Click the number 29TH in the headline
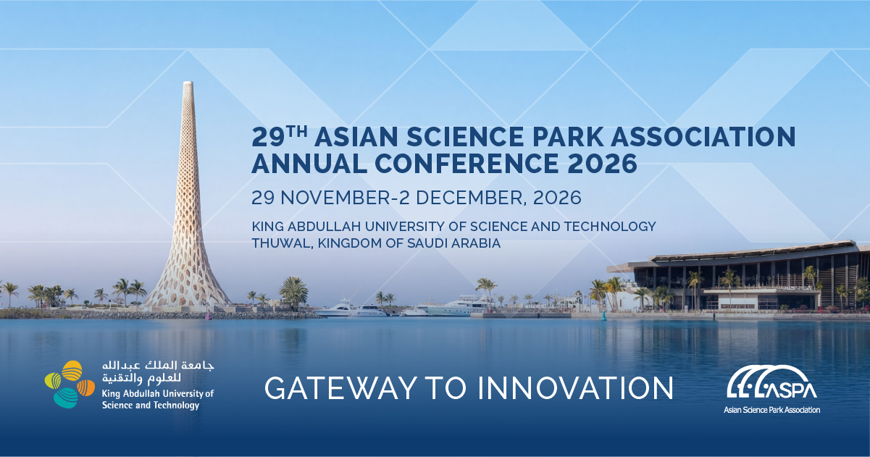point(279,136)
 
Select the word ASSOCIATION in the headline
point(703,137)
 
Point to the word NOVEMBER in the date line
point(335,198)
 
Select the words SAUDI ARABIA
point(453,243)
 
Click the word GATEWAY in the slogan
point(340,388)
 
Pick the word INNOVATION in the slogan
point(576,388)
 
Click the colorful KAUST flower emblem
point(70,385)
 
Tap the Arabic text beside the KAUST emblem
point(158,372)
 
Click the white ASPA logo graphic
point(771,382)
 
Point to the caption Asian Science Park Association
point(771,410)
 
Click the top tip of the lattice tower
point(188,82)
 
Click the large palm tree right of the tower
point(294,292)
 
